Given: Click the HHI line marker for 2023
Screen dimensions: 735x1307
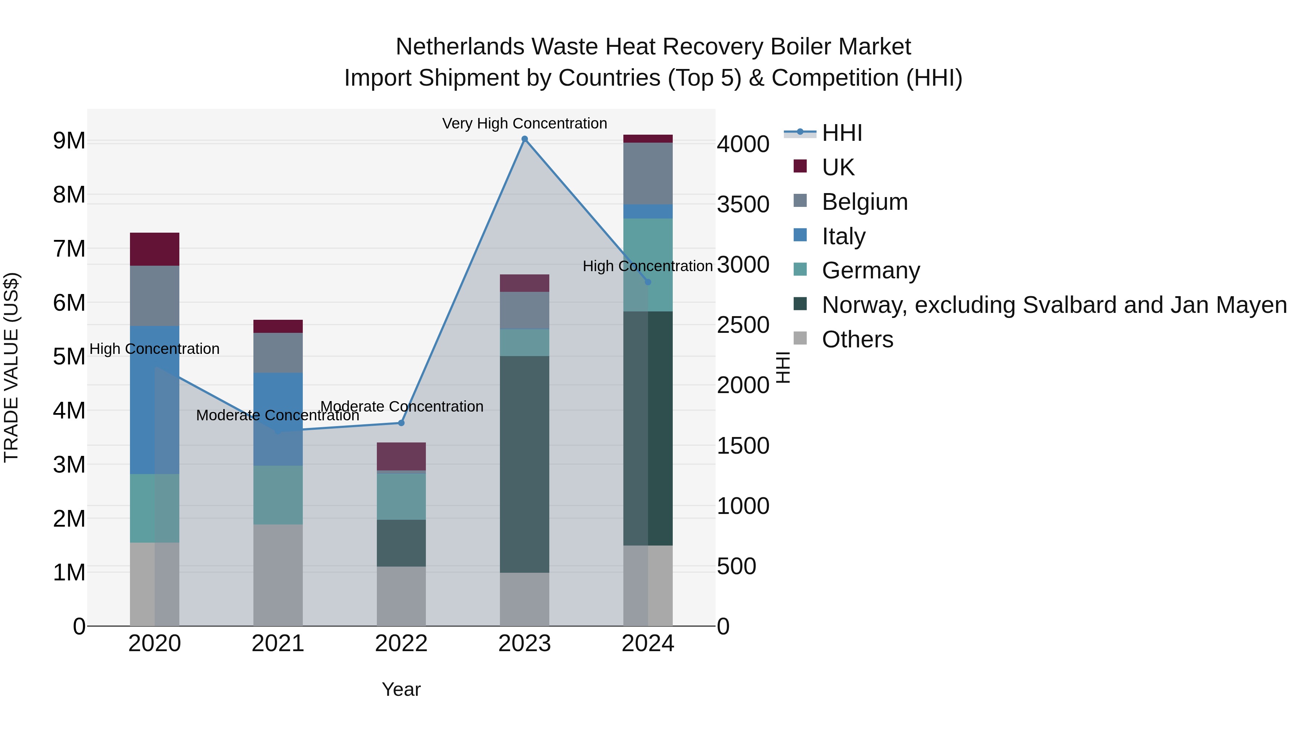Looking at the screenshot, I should tap(525, 139).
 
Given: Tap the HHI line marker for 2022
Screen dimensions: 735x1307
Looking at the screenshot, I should tap(401, 422).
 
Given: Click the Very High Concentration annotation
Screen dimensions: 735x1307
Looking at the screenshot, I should tap(524, 123).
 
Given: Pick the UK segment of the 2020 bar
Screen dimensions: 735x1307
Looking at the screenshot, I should tap(154, 249).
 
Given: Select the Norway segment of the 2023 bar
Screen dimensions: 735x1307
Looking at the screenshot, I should tap(524, 464).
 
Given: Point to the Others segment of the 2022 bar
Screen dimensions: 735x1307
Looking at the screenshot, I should tap(401, 596).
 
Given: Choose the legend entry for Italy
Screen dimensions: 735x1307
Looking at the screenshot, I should tap(843, 236).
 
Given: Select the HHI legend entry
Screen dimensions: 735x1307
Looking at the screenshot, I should tap(842, 133).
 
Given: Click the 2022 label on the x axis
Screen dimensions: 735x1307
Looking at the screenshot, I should tap(401, 644).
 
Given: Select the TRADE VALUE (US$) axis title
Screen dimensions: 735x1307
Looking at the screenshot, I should tap(12, 367).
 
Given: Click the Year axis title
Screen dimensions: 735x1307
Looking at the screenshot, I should tap(401, 689).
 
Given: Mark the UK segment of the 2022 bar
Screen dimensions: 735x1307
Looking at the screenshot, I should tap(401, 456).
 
